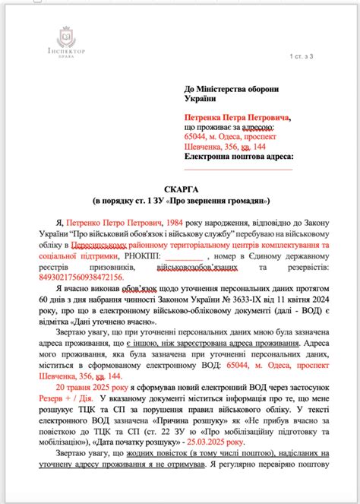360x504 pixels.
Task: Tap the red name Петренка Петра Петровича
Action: point(237,118)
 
